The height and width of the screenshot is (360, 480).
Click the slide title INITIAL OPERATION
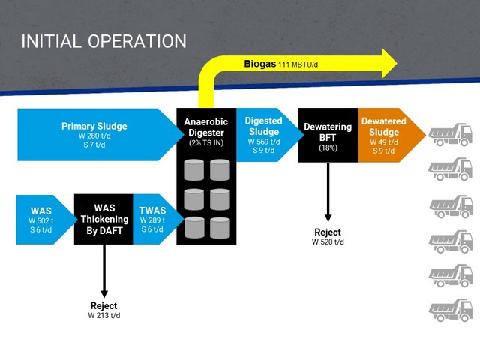[103, 41]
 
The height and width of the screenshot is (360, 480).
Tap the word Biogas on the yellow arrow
[260, 64]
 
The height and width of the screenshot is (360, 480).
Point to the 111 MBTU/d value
[298, 64]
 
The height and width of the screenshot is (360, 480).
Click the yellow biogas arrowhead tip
[397, 63]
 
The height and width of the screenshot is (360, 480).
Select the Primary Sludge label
[94, 126]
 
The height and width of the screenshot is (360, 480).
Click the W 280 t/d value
[94, 136]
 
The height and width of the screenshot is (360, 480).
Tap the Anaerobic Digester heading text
[206, 127]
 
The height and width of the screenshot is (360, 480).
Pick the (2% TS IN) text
[206, 143]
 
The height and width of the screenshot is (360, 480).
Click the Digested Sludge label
[263, 126]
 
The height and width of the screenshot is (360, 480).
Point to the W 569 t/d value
[263, 142]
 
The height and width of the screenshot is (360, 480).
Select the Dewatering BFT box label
[328, 132]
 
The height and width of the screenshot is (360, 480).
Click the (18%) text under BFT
[328, 148]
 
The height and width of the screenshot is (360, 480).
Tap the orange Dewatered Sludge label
[384, 127]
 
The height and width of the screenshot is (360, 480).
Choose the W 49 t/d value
[384, 142]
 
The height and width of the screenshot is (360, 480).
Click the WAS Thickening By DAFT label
[104, 219]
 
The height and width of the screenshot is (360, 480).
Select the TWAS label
[152, 211]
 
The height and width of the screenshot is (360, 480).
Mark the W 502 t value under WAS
[41, 220]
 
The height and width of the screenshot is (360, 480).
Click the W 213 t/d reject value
[104, 315]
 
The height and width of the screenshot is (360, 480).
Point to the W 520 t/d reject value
[328, 241]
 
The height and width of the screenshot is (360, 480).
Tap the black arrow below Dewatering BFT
[328, 192]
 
